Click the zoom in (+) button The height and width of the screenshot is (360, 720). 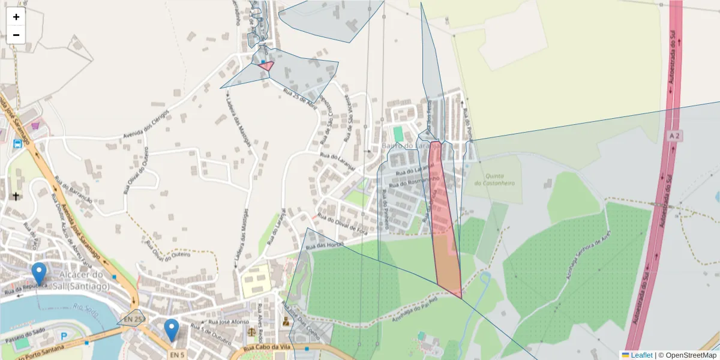point(16,17)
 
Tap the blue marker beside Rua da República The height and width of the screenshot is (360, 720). point(39,273)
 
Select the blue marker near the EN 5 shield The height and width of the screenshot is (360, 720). point(172,329)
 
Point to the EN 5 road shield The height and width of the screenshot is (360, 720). point(174,355)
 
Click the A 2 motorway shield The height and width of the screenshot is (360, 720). point(674,137)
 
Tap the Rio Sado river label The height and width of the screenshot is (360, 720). point(86,310)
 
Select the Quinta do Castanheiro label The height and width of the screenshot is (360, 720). point(495,179)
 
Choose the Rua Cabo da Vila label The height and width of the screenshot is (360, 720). point(268,348)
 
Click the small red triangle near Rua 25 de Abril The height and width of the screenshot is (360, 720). point(266,65)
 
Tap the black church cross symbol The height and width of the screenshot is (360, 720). point(15,196)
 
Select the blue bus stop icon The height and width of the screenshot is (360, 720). point(17,144)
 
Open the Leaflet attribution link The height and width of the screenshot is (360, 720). point(641,355)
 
